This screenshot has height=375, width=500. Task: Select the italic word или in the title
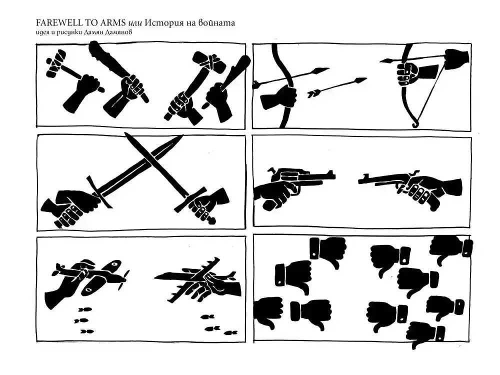pyautogui.click(x=135, y=23)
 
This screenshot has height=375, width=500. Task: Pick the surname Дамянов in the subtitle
pyautogui.click(x=118, y=32)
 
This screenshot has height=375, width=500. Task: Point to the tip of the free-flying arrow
pyautogui.click(x=365, y=79)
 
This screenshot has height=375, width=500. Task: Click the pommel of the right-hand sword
pyautogui.click(x=211, y=220)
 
